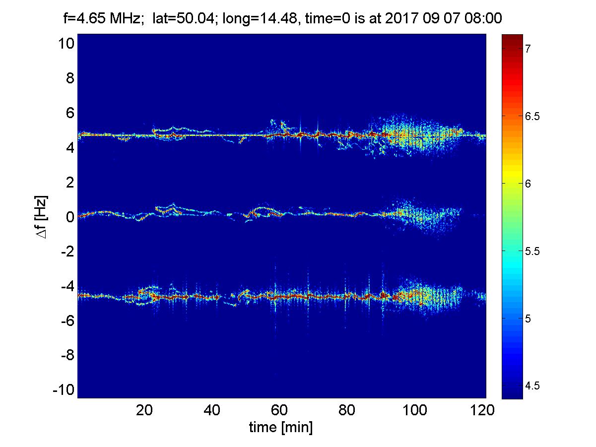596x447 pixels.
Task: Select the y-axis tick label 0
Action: [x=71, y=217]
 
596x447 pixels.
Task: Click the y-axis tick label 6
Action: [x=71, y=113]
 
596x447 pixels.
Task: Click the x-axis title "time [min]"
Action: [x=281, y=428]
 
